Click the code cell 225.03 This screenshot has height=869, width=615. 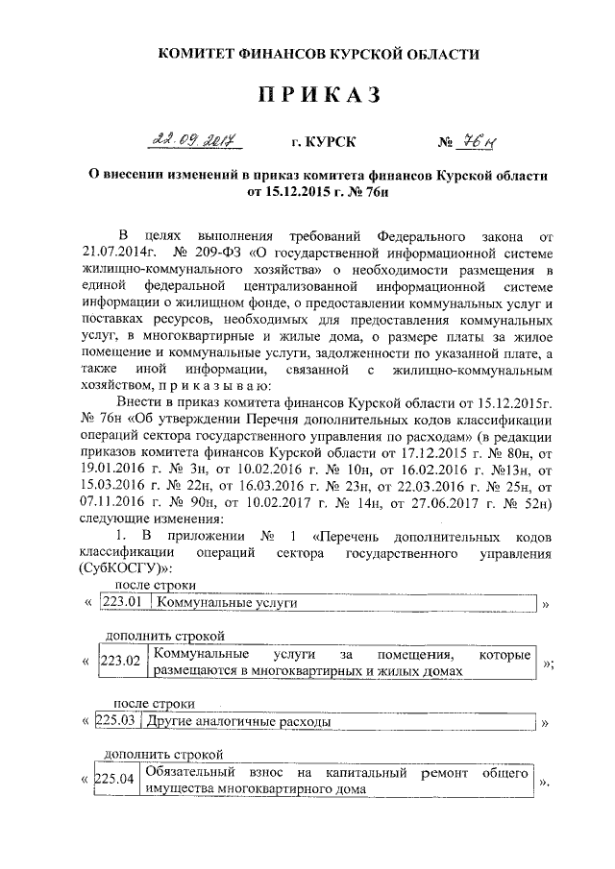point(118,720)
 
